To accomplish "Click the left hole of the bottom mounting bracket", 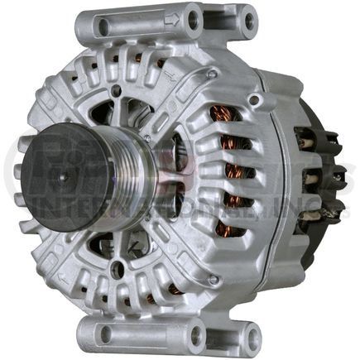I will coord(104,334).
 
